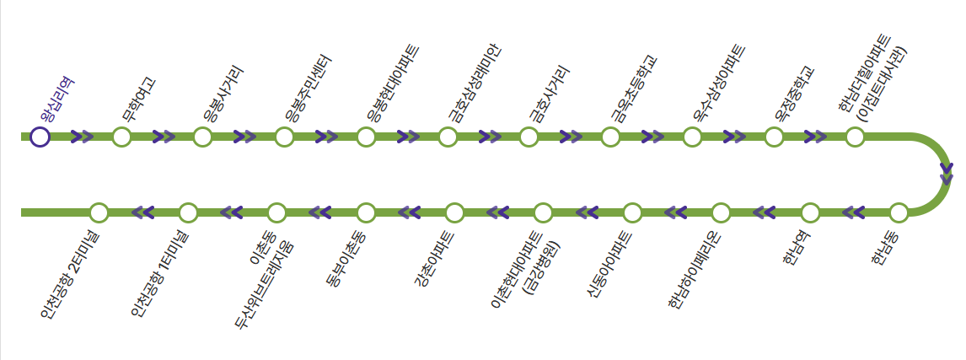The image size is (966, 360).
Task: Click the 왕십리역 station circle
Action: (x=40, y=137)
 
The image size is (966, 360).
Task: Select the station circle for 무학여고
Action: (x=121, y=137)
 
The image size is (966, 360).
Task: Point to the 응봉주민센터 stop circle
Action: (x=284, y=137)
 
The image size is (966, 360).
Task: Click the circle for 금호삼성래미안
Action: (x=448, y=137)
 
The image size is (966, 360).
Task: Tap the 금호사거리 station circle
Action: (x=529, y=137)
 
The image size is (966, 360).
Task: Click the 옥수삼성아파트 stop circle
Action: (x=692, y=137)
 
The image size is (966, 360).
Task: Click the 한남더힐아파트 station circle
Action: (x=855, y=137)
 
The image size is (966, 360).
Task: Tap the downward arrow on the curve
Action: (x=946, y=175)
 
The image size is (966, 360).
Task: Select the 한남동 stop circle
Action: (x=899, y=212)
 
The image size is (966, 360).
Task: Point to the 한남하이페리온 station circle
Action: (x=721, y=212)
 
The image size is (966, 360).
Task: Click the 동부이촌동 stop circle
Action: (x=366, y=212)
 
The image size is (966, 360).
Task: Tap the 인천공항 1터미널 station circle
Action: (x=188, y=212)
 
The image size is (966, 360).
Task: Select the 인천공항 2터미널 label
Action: (x=69, y=273)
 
